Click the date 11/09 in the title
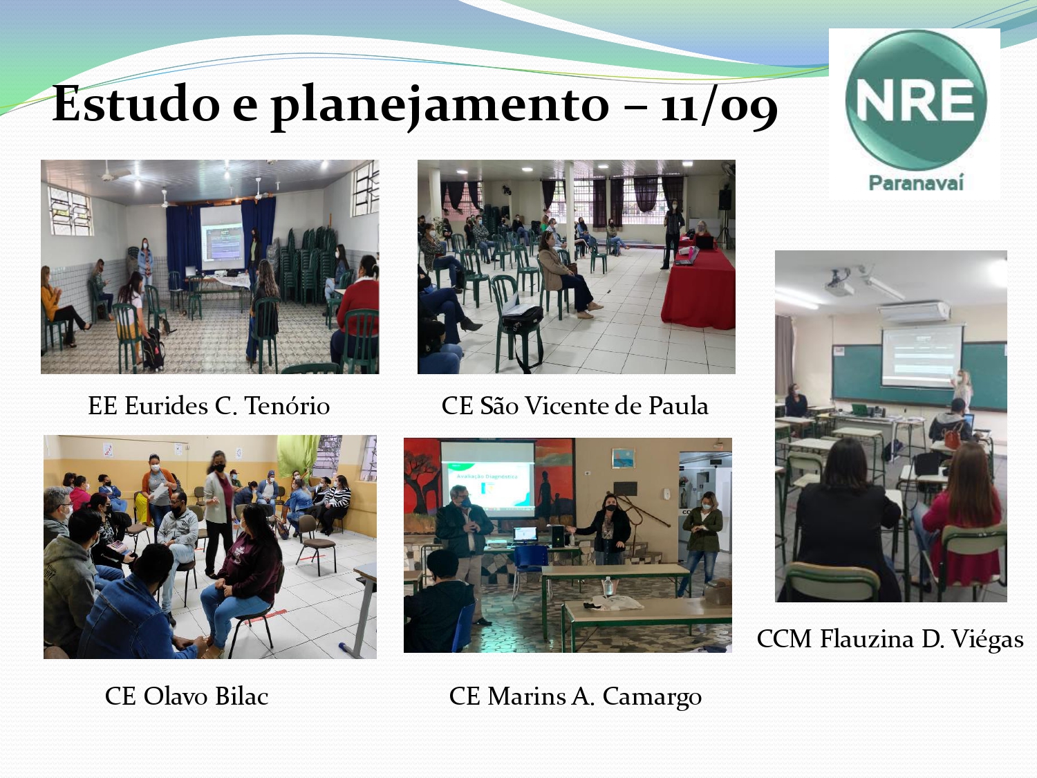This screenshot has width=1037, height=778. [x=718, y=105]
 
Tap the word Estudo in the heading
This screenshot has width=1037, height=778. [x=136, y=104]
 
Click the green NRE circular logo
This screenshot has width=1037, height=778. [x=915, y=100]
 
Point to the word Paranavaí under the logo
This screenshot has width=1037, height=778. [x=916, y=183]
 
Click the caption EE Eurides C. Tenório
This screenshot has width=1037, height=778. [x=209, y=406]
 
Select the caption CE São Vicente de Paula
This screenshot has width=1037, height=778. [x=575, y=406]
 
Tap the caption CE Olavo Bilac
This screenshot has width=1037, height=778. [x=187, y=696]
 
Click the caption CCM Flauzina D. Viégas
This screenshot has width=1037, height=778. [x=890, y=640]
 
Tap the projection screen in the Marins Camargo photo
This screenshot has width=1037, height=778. [x=487, y=479]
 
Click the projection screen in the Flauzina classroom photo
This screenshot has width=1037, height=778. [x=922, y=355]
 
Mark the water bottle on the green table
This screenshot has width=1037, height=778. [x=609, y=586]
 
